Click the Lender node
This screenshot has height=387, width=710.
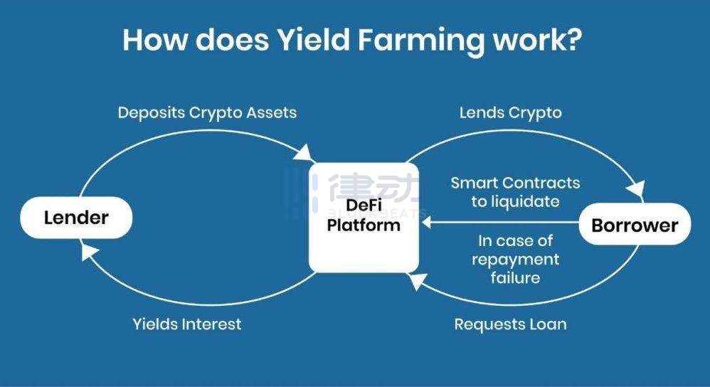pyautogui.click(x=76, y=218)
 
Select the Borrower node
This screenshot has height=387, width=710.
pyautogui.click(x=635, y=225)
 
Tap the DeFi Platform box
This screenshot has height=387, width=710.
pyautogui.click(x=364, y=217)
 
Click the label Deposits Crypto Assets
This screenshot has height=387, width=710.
pyautogui.click(x=208, y=112)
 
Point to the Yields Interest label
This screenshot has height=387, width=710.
pyautogui.click(x=187, y=324)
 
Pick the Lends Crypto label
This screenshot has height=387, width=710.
pyautogui.click(x=510, y=112)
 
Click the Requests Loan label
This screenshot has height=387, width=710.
pyautogui.click(x=510, y=324)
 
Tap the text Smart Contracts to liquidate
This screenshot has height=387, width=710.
pyautogui.click(x=515, y=192)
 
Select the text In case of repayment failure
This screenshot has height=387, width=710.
pyautogui.click(x=515, y=259)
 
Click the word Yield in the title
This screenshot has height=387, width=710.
pyautogui.click(x=313, y=40)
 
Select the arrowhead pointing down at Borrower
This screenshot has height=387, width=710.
pyautogui.click(x=637, y=189)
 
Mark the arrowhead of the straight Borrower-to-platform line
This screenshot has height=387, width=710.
pyautogui.click(x=427, y=222)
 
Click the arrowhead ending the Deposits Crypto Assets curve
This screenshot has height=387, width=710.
pyautogui.click(x=304, y=153)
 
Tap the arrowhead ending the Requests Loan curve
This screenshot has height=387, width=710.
pyautogui.click(x=415, y=280)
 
